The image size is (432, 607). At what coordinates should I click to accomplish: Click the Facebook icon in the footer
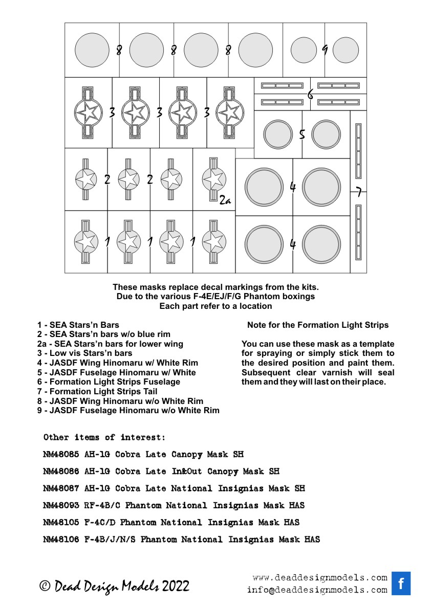coord(401,583)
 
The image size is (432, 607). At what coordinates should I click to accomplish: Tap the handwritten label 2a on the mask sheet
coord(225,201)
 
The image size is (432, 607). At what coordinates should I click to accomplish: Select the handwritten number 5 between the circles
coord(302,135)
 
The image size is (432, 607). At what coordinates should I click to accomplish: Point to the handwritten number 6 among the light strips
coord(310,94)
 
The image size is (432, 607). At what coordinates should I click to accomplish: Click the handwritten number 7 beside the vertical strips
coord(358,192)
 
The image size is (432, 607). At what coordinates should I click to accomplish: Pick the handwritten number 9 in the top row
coord(325,50)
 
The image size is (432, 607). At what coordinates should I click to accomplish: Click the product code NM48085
coord(61,454)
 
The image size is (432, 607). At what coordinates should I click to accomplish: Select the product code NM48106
coord(61,539)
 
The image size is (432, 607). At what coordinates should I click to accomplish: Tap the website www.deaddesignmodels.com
coord(320,578)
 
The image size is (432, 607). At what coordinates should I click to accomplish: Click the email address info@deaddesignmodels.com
coord(317,590)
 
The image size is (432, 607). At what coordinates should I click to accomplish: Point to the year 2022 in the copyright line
coord(176,586)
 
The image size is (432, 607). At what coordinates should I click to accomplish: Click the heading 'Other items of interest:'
coord(104,437)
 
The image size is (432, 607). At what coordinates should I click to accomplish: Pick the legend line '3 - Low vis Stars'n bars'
coord(84,353)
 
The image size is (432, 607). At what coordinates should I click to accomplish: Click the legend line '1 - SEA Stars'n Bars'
coord(78,325)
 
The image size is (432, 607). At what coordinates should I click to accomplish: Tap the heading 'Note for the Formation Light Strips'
coord(318,325)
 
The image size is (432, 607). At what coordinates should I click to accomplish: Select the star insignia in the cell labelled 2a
coord(213,178)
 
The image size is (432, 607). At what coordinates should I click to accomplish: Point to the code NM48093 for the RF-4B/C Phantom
coord(61,505)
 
